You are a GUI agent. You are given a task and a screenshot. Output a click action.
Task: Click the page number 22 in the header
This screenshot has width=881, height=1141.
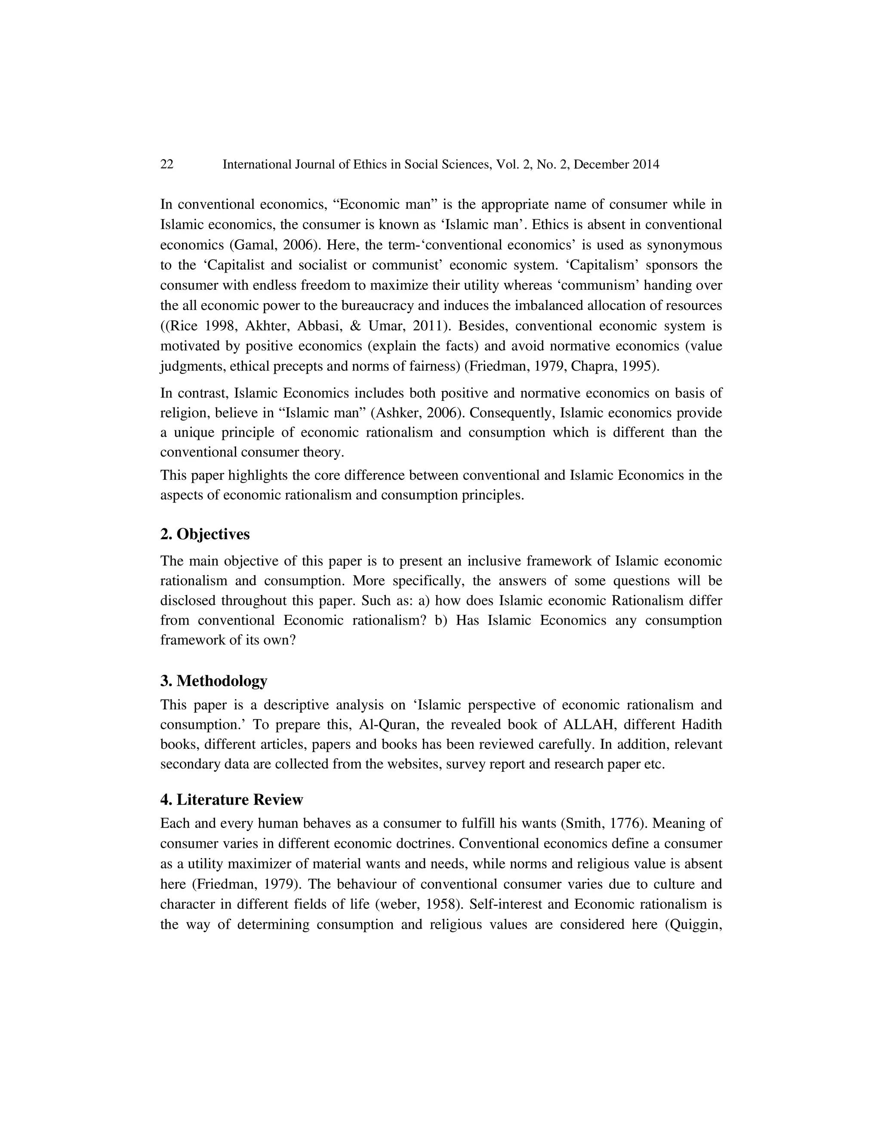click(166, 164)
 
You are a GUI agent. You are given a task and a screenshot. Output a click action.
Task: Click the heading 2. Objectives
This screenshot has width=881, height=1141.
click(205, 534)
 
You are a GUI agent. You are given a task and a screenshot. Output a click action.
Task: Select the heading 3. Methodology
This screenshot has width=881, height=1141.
click(213, 681)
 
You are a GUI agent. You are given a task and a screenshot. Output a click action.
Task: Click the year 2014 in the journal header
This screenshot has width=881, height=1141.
click(646, 164)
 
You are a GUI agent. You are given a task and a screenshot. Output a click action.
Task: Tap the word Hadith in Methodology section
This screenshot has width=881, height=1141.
click(702, 725)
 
